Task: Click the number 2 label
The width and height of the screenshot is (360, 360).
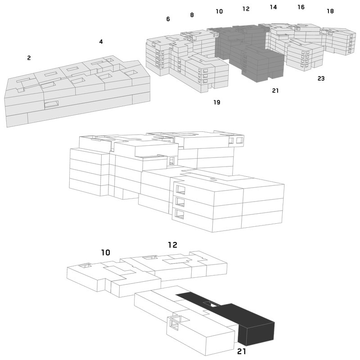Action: (29, 58)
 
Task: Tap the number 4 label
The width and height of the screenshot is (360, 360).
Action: (101, 41)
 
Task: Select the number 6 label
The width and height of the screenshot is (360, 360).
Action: (168, 19)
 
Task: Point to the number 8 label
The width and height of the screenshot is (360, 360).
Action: (192, 15)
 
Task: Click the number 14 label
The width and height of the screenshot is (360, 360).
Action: (273, 7)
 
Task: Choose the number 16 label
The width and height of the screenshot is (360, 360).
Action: (301, 7)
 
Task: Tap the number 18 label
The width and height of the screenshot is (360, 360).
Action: (330, 11)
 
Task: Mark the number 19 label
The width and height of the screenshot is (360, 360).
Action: (217, 102)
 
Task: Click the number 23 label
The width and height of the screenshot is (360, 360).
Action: (321, 78)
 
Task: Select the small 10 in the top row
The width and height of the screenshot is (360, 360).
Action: (219, 11)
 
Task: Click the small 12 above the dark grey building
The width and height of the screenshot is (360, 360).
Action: (246, 9)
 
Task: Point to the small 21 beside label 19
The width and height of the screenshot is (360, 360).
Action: (275, 91)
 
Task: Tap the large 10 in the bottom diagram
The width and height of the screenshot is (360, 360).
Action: (106, 252)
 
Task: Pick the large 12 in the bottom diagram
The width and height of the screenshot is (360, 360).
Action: (172, 245)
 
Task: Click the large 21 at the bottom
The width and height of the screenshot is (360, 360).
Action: (242, 351)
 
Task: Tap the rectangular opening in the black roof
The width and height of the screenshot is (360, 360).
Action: (211, 304)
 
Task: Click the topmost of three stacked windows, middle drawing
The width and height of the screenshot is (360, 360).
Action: (180, 189)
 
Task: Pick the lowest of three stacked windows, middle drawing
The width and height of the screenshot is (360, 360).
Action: (179, 214)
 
